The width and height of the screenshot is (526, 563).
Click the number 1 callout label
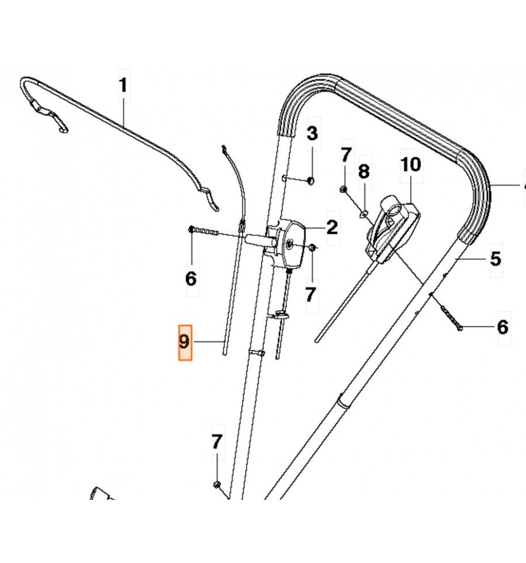(x=123, y=85)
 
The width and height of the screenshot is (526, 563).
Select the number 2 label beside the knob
(x=332, y=227)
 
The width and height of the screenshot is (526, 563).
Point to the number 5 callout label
(x=495, y=258)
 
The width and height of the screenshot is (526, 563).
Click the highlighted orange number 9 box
(x=185, y=341)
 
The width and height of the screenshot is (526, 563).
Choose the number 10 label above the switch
(x=410, y=164)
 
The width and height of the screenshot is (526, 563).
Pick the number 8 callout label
(x=364, y=171)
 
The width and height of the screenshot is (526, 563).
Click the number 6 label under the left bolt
(x=191, y=279)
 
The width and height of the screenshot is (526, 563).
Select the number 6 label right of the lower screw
(x=502, y=327)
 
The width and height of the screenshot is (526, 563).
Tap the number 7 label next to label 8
(x=345, y=155)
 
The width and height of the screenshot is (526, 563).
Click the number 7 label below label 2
(x=311, y=294)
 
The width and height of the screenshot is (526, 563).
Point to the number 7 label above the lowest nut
(x=217, y=442)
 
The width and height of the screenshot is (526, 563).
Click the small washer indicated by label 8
(x=363, y=214)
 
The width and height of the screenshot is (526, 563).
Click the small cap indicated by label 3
(x=310, y=180)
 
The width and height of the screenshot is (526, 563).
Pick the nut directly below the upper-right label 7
(x=344, y=189)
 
